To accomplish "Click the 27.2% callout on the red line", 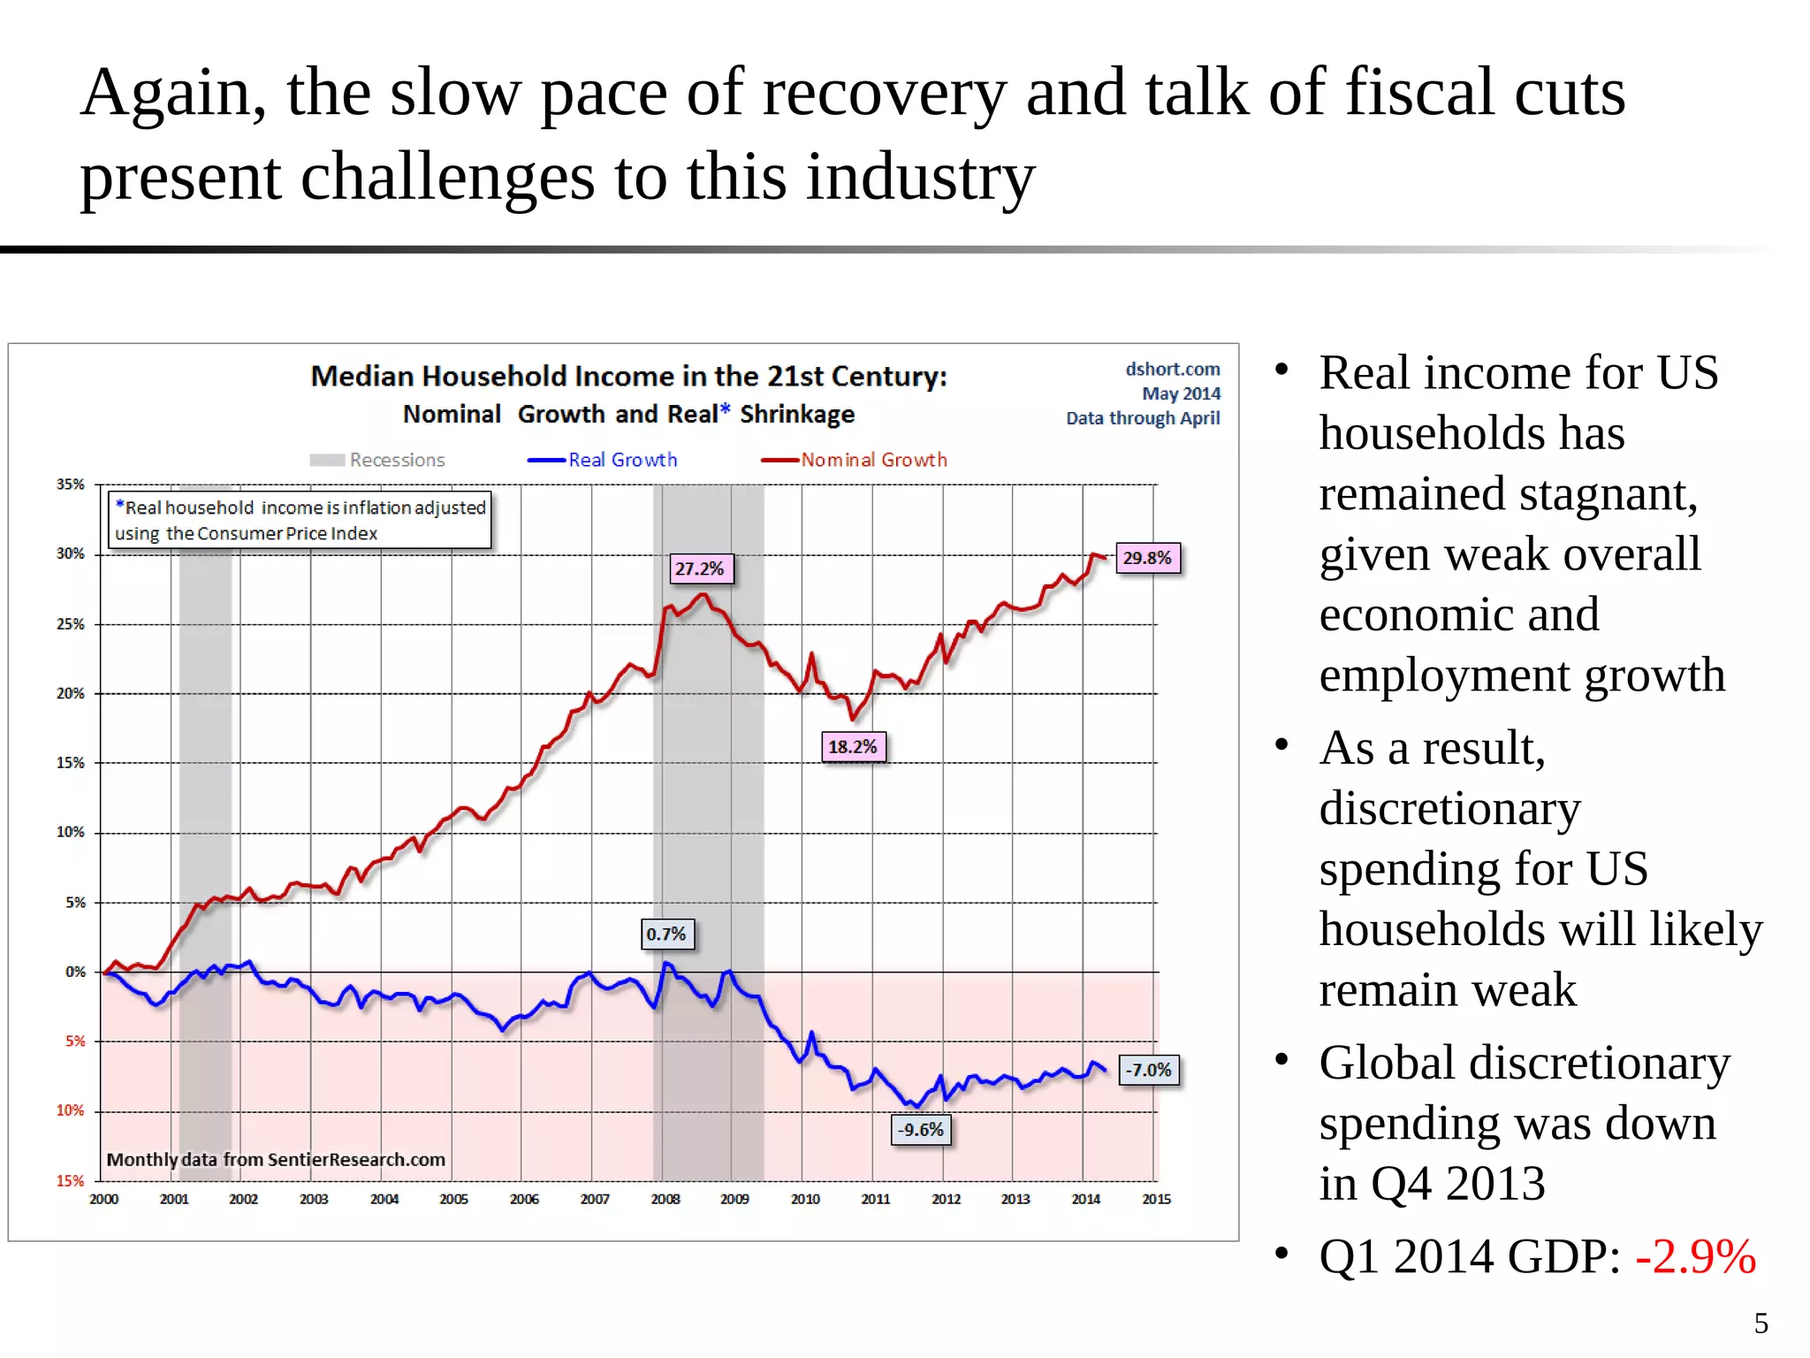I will (699, 568).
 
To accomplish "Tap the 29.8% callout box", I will (1147, 558).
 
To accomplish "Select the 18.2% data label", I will (853, 747).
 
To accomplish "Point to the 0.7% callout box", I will (666, 935).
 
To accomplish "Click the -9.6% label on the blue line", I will (921, 1130).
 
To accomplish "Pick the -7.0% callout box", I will (1148, 1071).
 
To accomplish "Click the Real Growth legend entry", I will (604, 460).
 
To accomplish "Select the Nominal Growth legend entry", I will (855, 460).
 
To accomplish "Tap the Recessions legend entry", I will (378, 460).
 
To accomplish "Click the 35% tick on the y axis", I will (71, 484).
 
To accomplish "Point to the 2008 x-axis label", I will (665, 1200).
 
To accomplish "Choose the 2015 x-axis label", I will (1156, 1200).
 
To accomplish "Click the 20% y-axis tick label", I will (71, 694).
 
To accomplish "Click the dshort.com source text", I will (1172, 370).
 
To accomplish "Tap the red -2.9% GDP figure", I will (1694, 1256).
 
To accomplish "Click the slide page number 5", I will (1761, 1324).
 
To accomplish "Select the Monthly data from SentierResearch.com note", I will (276, 1160).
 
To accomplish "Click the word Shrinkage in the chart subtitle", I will (797, 415).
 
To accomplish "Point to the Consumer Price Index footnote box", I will (300, 521).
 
